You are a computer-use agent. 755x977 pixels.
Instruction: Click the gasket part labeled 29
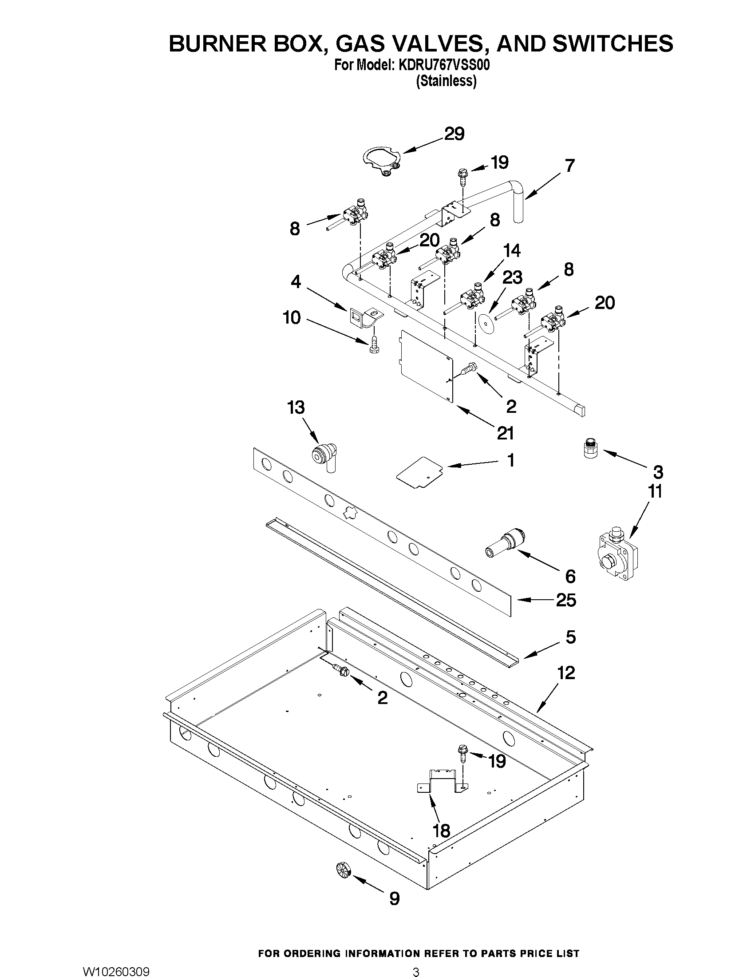(381, 162)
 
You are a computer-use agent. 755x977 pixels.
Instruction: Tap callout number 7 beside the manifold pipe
(569, 166)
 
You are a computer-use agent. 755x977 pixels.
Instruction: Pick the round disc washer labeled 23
(485, 322)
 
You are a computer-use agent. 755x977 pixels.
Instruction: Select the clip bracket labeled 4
(365, 317)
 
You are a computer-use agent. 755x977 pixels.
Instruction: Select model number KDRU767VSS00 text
(442, 65)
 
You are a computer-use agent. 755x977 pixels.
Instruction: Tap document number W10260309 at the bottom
(116, 969)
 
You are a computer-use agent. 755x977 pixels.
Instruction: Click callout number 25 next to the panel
(566, 600)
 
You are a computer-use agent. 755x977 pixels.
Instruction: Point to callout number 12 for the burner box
(566, 673)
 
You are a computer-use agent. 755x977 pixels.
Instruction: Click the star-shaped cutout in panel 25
(351, 513)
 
